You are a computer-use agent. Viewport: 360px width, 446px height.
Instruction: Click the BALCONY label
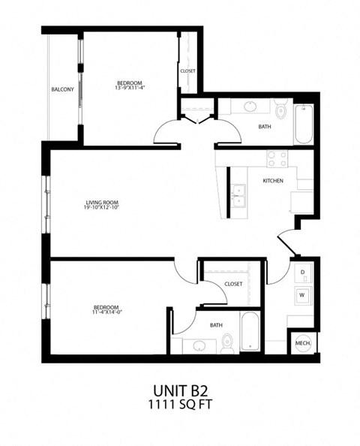[62, 90]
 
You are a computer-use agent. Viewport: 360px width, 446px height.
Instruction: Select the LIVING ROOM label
[102, 202]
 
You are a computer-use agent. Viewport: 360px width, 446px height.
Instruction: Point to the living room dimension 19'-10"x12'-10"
[102, 208]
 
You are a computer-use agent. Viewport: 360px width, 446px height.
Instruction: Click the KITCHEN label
[272, 181]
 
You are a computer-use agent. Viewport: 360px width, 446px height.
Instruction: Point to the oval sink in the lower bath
[199, 346]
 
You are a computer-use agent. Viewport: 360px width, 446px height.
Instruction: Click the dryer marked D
[302, 272]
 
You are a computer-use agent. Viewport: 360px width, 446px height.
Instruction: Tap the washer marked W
[302, 294]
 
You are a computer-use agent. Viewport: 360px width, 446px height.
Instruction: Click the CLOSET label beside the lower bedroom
[233, 284]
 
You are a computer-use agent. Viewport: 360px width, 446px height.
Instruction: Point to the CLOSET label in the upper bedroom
[187, 71]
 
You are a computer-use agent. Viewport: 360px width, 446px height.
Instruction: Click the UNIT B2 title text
[180, 391]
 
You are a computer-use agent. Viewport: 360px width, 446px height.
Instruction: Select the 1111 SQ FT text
[180, 406]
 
